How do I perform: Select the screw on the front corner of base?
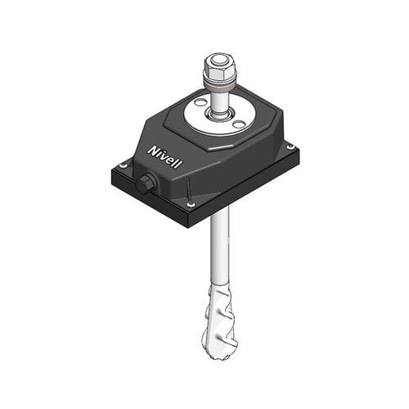[x=191, y=204]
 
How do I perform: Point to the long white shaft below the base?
[x=217, y=245]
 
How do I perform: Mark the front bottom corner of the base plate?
[x=191, y=226]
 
